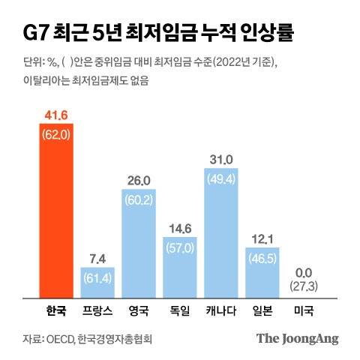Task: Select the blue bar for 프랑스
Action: point(97,281)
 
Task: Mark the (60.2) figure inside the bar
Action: point(139,200)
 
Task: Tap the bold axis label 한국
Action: point(56,308)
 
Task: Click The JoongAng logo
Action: point(297,338)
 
